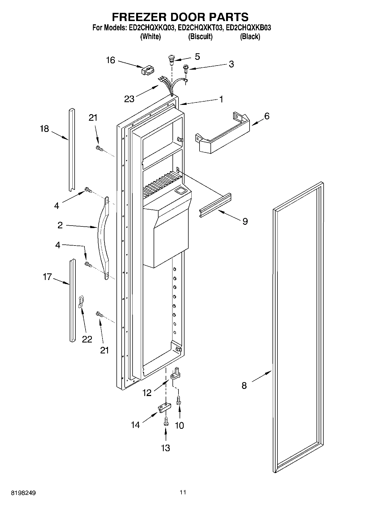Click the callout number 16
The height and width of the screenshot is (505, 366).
pyautogui.click(x=110, y=60)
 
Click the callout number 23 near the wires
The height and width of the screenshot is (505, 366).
pyautogui.click(x=129, y=99)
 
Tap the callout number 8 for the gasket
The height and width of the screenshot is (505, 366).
pyautogui.click(x=244, y=385)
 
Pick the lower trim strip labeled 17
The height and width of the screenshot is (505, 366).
pyautogui.click(x=72, y=300)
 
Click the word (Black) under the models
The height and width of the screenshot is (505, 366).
pyautogui.click(x=250, y=37)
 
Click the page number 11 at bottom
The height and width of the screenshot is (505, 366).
pyautogui.click(x=183, y=492)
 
